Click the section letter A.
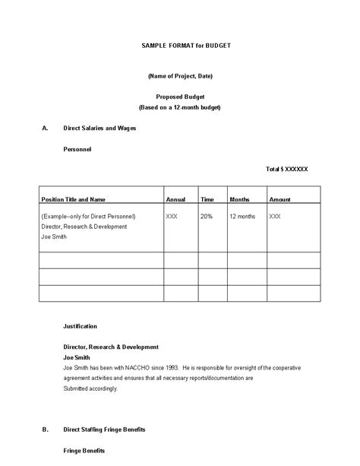point(44,128)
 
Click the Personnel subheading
point(77,150)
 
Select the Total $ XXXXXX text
point(287,169)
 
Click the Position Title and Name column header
point(74,199)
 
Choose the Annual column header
point(175,199)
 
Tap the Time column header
point(207,199)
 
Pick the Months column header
point(239,199)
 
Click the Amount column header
point(279,199)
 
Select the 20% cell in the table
point(207,217)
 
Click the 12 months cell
point(243,217)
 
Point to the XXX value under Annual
point(172,217)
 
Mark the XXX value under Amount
point(275,217)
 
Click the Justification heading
point(80,326)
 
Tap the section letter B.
point(44,430)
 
